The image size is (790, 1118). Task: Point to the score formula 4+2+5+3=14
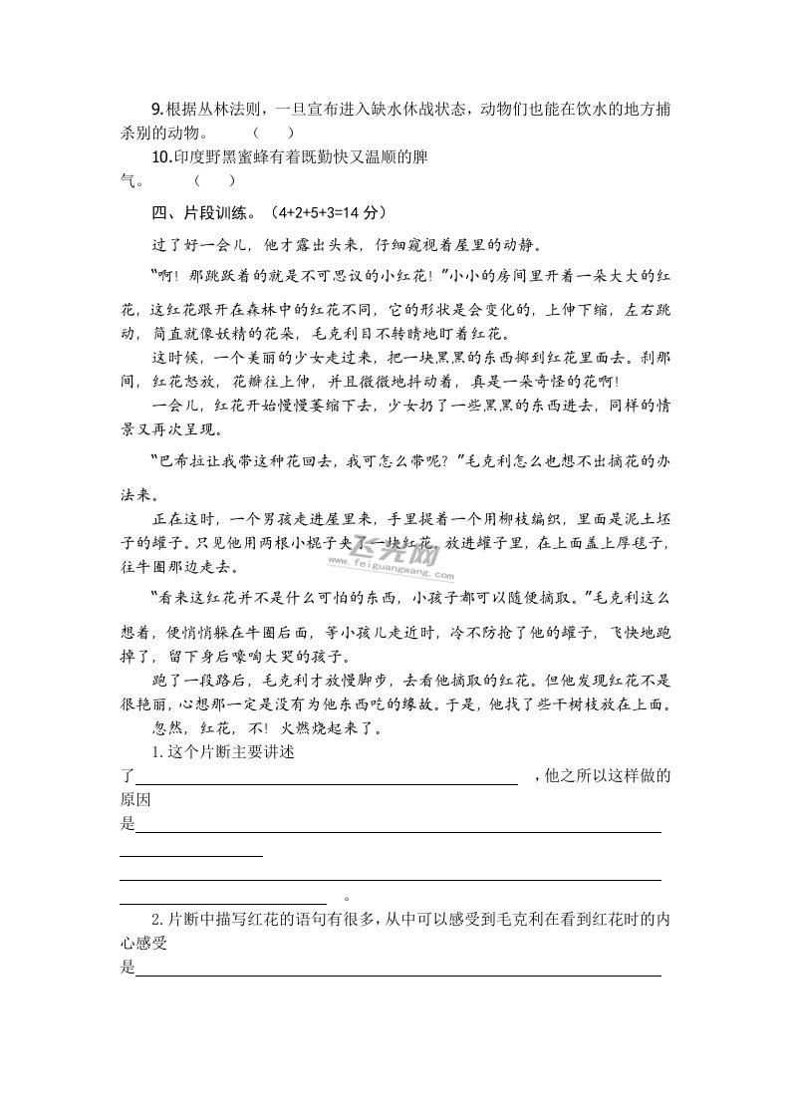tap(313, 212)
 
